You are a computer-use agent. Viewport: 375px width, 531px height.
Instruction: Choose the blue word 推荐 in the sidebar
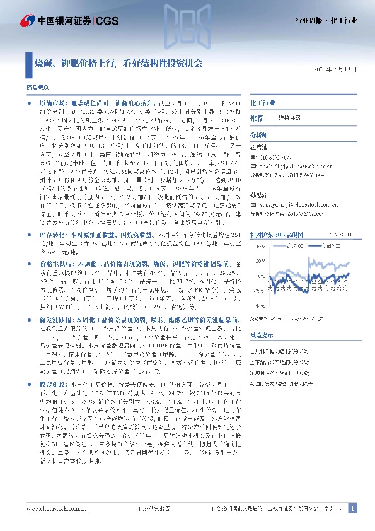click(x=257, y=118)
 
